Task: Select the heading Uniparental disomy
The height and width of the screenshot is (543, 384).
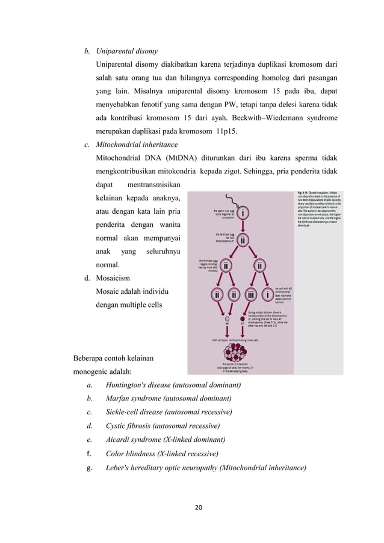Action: tap(126, 51)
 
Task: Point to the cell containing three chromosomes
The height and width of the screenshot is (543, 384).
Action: tap(250, 295)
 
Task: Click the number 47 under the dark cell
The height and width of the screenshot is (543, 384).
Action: tap(243, 323)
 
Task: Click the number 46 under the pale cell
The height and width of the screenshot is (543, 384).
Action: tap(226, 323)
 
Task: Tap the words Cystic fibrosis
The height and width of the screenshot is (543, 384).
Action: tap(127, 426)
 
